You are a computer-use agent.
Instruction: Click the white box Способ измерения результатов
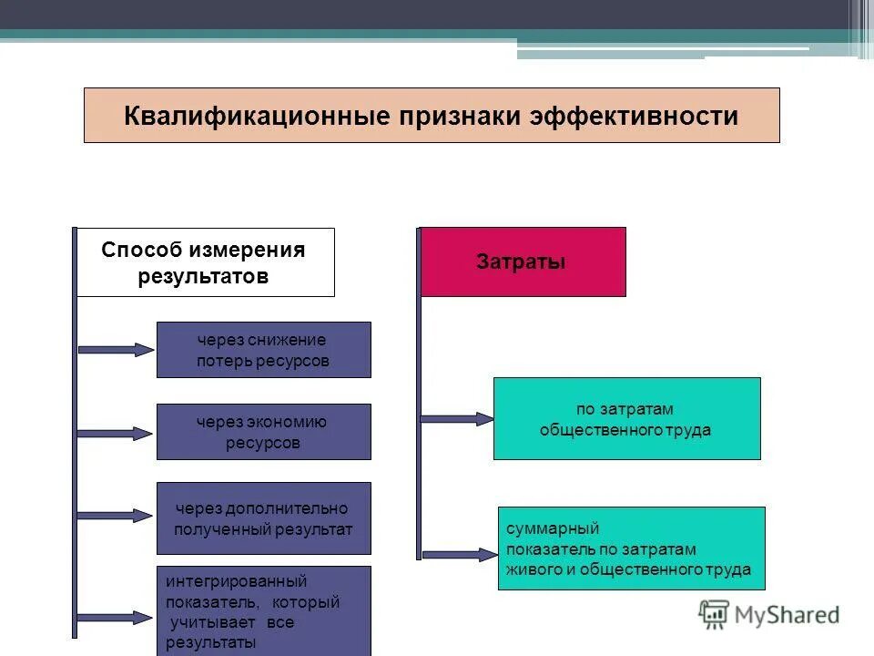pos(204,262)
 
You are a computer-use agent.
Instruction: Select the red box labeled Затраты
pos(523,262)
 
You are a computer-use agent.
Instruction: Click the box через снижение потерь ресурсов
pos(263,350)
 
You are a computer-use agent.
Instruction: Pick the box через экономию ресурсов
pos(263,432)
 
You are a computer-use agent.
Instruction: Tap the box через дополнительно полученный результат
pos(263,518)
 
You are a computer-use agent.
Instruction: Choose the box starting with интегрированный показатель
pos(263,610)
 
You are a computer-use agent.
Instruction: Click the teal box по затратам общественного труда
pos(626,419)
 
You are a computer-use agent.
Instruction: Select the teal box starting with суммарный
pos(631,548)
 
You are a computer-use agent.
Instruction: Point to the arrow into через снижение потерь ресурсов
pos(117,349)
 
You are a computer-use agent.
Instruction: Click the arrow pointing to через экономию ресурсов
pos(117,434)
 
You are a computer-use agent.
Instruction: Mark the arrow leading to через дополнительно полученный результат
pos(117,516)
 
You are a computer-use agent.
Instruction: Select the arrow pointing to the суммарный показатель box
pos(460,553)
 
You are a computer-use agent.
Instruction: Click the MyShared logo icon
pos(714,615)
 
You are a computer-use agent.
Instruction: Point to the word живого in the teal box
pos(530,569)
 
